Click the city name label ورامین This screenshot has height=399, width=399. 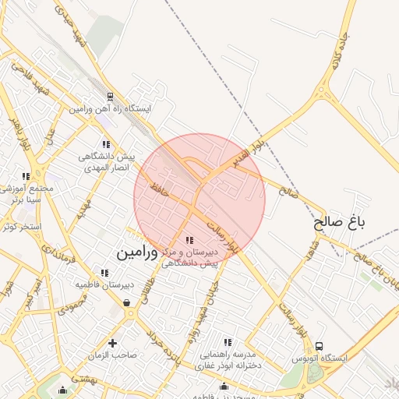[138, 254]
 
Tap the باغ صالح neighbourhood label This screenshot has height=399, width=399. [340, 223]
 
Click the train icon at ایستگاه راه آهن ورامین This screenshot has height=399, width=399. [110, 98]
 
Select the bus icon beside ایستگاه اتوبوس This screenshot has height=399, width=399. [320, 347]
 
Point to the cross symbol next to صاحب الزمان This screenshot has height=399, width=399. [113, 343]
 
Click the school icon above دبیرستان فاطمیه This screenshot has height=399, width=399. [104, 273]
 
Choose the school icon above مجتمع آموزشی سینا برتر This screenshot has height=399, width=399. [26, 177]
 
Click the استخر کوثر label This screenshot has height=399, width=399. [20, 227]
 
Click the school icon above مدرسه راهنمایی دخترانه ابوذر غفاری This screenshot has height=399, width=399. [228, 342]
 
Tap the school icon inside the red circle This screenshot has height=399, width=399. [189, 241]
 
